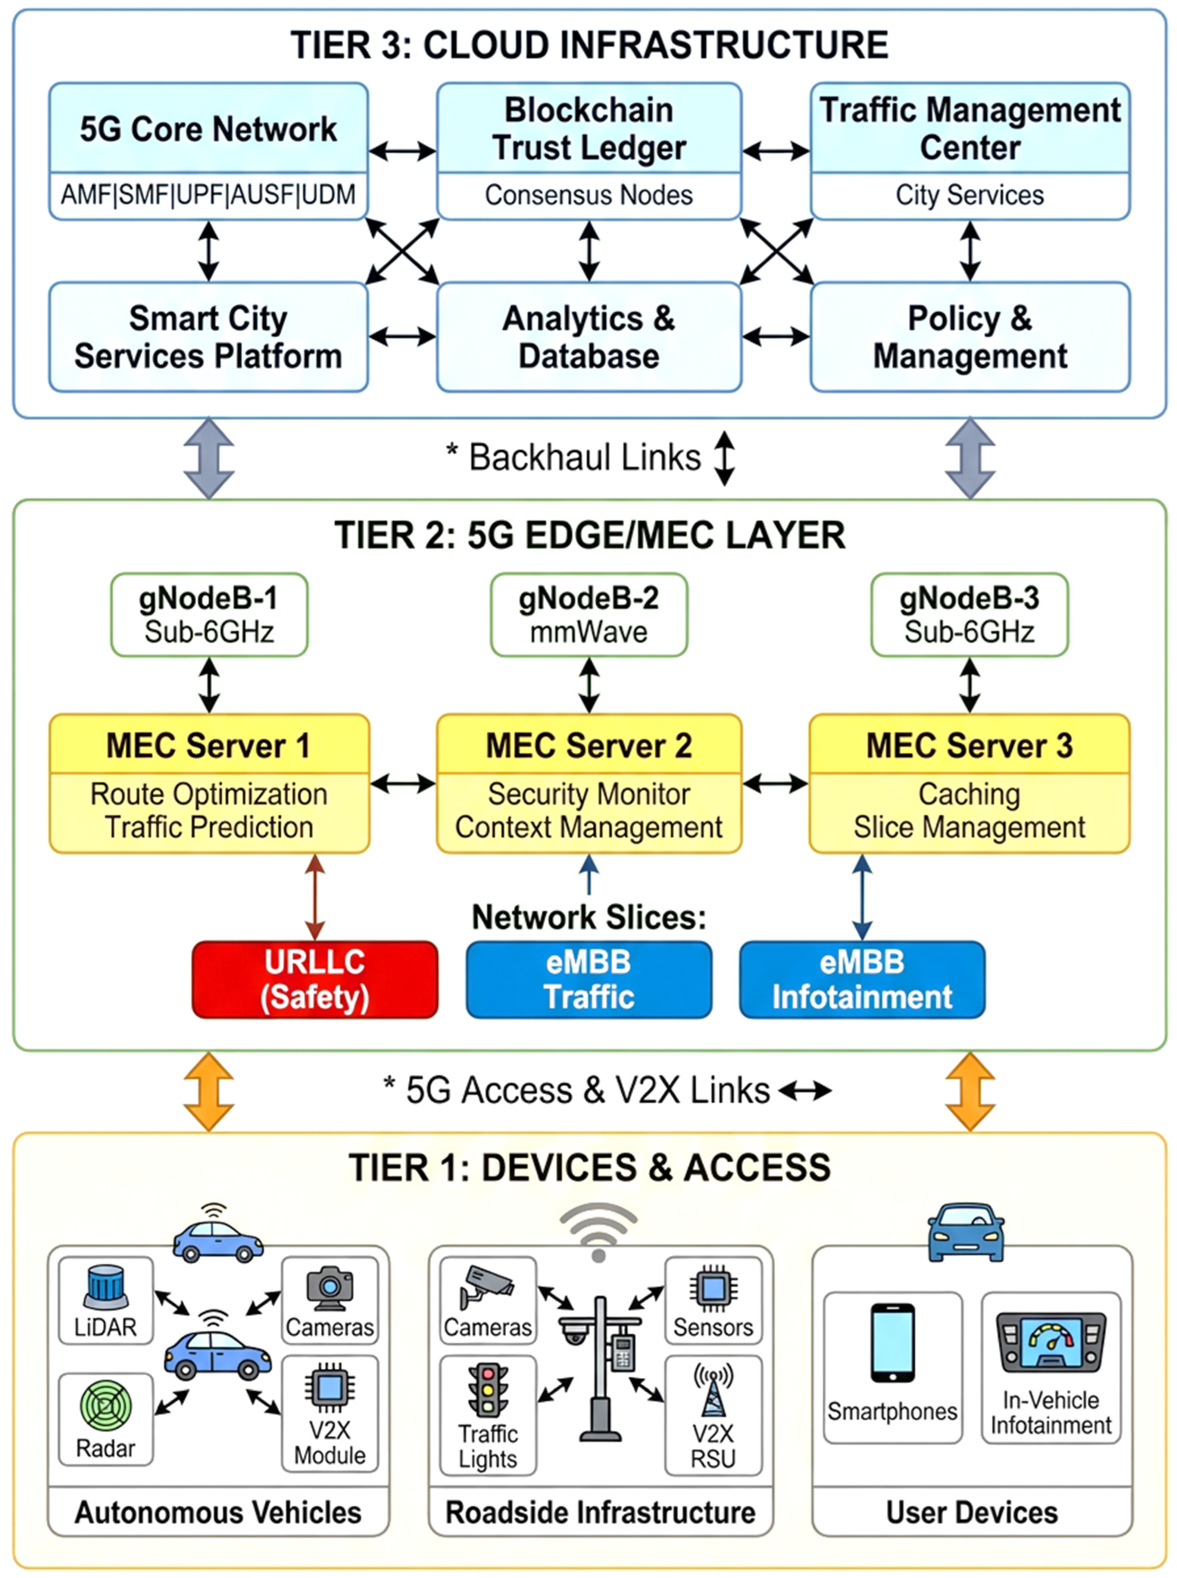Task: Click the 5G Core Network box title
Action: coord(208,129)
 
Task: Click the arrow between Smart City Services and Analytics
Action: coord(402,336)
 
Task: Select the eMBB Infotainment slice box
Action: coord(862,979)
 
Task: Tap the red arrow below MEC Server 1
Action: coord(315,897)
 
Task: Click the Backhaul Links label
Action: coord(584,458)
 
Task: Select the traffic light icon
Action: coord(488,1390)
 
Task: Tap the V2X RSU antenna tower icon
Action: coord(713,1390)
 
